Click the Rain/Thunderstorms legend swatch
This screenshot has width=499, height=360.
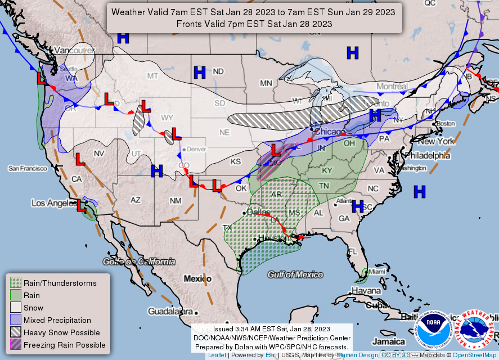[x=16, y=283]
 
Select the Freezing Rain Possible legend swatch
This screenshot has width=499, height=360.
[x=16, y=345]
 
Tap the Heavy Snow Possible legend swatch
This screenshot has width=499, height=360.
[x=16, y=332]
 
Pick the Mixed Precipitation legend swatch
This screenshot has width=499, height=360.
[x=16, y=320]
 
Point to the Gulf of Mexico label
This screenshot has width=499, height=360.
[x=295, y=274]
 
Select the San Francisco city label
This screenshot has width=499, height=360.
[x=29, y=168]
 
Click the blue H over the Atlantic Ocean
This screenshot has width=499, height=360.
[x=419, y=192]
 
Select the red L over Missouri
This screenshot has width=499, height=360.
[x=276, y=150]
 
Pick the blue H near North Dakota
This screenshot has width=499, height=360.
[x=199, y=72]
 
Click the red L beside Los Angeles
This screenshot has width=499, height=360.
[x=81, y=206]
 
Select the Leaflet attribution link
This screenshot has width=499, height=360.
[x=217, y=355]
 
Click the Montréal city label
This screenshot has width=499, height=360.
[x=392, y=86]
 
